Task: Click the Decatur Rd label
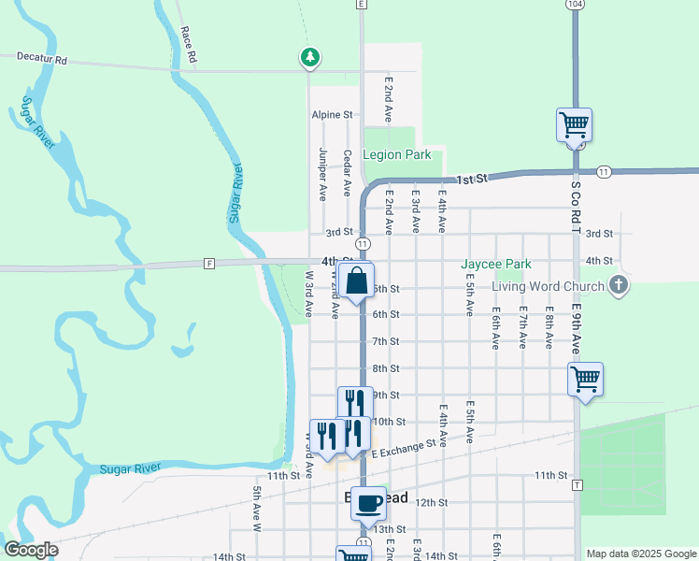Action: (35, 60)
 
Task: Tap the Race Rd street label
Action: (190, 44)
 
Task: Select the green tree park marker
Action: (309, 58)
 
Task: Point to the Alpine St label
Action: (332, 115)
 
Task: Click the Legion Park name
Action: (396, 154)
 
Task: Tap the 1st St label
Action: (473, 178)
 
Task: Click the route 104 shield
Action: (575, 5)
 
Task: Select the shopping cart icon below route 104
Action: (574, 123)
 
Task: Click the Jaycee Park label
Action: (495, 265)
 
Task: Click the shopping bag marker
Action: (357, 280)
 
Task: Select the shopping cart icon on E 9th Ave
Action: (585, 379)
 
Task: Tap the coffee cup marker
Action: (369, 500)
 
